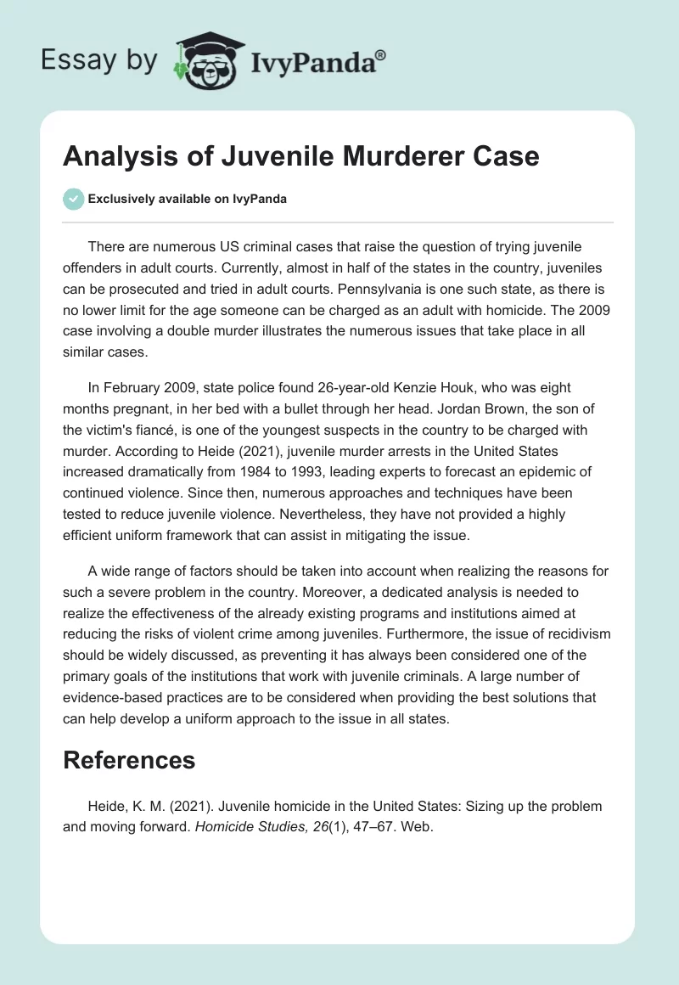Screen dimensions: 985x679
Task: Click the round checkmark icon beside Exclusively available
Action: (73, 199)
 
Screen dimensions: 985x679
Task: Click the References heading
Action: (129, 760)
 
